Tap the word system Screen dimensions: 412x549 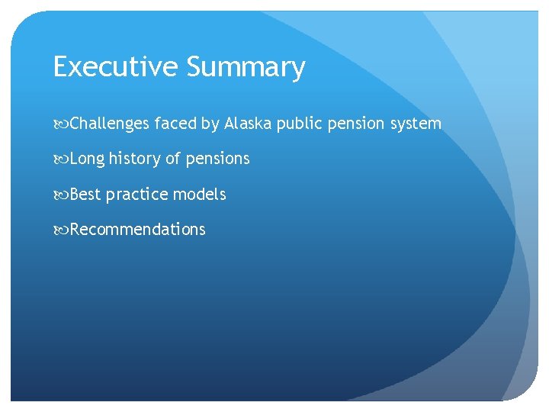[416, 124]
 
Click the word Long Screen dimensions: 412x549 [87, 159]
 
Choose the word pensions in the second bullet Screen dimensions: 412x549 [217, 159]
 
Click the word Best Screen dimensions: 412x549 [85, 195]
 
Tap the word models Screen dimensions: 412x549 [199, 195]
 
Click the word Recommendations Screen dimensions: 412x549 [137, 230]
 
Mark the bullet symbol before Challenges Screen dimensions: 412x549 [61, 124]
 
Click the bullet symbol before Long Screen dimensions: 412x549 [61, 159]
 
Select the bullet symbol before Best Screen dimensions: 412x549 [61, 195]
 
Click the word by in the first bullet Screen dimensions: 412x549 [210, 124]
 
